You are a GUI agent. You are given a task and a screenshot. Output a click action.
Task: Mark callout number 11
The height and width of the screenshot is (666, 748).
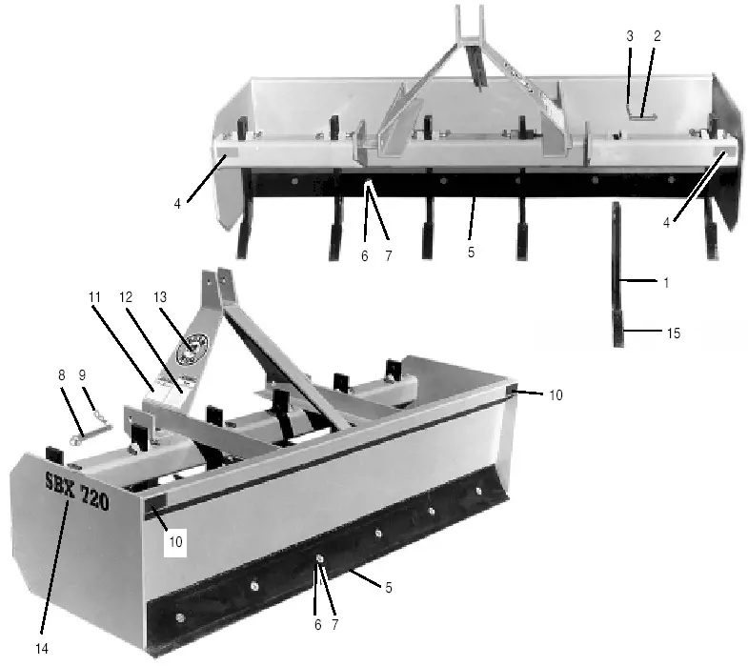click(94, 296)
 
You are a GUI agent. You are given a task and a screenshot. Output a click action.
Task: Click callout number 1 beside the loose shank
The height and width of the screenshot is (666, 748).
click(665, 282)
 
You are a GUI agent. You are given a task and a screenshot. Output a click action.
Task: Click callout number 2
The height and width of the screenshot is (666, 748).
click(657, 35)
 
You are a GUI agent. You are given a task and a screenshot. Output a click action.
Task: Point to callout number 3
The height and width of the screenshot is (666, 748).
click(630, 35)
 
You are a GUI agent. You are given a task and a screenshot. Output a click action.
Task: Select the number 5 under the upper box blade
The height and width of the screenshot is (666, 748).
click(471, 253)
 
